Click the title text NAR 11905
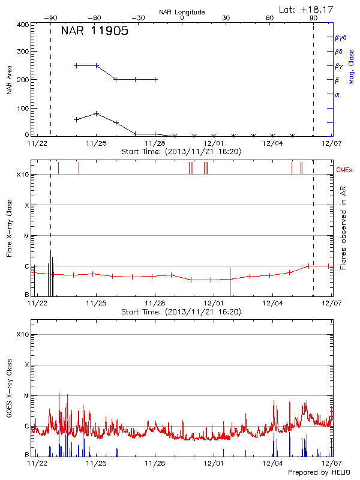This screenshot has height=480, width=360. point(94,32)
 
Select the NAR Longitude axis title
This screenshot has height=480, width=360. point(182,12)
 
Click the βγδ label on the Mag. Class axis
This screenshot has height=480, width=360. point(340,37)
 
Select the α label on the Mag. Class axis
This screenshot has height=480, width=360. point(337,95)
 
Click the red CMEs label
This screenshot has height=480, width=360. point(345,171)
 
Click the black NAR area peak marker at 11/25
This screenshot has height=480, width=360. point(97,113)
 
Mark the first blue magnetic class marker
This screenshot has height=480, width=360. point(76,65)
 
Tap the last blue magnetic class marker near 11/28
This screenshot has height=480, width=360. point(155,79)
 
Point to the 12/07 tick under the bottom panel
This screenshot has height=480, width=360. point(331,463)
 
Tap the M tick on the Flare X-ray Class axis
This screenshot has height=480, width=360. point(26,236)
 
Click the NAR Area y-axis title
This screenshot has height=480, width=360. point(9,79)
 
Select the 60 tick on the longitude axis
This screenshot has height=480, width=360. point(270,19)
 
